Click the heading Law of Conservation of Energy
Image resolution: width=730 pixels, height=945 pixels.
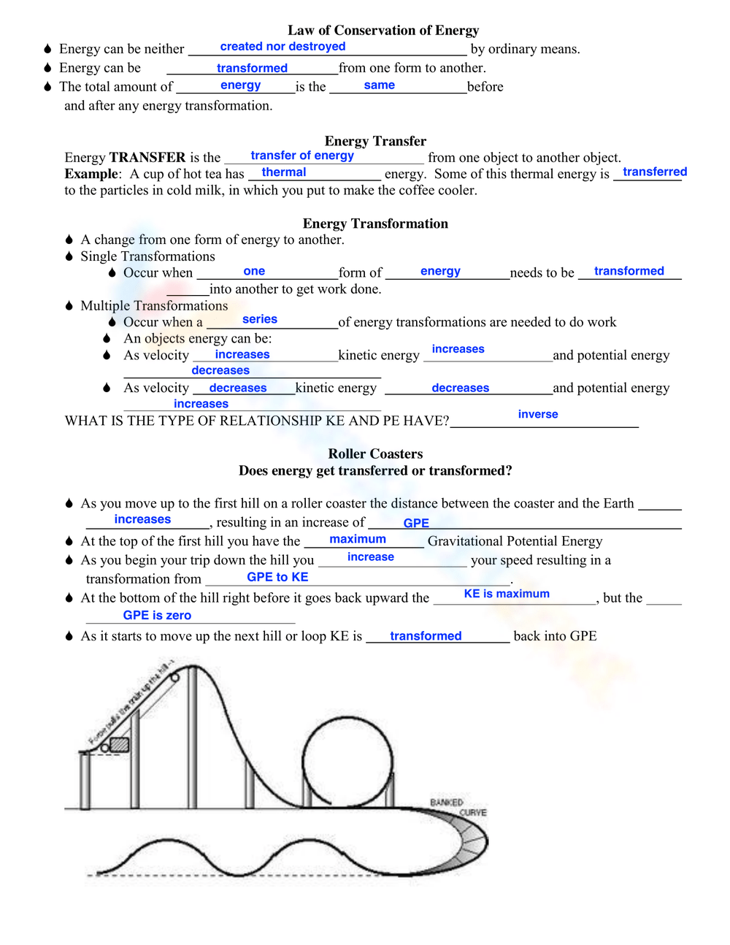[383, 30]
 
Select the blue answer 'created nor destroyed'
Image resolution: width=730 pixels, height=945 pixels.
[283, 47]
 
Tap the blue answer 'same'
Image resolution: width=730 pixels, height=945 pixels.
[379, 85]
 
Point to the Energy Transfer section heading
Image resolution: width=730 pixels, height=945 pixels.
[375, 141]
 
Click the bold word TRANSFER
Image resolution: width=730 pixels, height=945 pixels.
[147, 158]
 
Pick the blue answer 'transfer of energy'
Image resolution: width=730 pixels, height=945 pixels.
[302, 156]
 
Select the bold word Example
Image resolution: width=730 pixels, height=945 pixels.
[91, 174]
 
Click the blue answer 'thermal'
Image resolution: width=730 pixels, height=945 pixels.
[283, 172]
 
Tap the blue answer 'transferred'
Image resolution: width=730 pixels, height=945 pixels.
[654, 172]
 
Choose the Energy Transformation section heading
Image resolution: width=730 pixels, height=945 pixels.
[375, 223]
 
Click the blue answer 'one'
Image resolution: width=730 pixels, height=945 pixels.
[254, 271]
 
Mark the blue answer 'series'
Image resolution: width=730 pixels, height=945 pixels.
[259, 319]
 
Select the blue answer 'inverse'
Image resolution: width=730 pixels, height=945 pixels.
[537, 414]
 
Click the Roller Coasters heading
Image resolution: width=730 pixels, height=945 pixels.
[375, 454]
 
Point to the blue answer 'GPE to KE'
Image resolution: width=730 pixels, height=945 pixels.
[277, 577]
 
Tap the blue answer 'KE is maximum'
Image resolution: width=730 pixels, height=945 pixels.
[507, 594]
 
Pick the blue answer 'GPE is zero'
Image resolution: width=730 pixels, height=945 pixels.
[157, 616]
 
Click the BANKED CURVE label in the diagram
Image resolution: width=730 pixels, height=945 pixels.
[457, 807]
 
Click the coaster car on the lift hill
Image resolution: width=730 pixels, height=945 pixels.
[116, 746]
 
